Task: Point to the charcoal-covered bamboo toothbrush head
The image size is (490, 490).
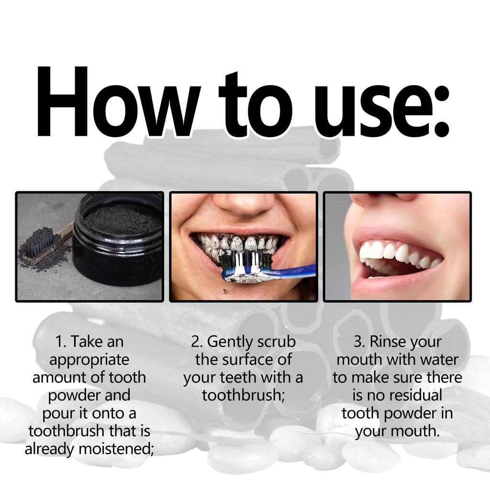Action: pyautogui.click(x=41, y=246)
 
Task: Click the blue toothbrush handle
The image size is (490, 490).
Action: pyautogui.click(x=292, y=271)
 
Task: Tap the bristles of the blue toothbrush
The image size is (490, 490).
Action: pyautogui.click(x=246, y=261)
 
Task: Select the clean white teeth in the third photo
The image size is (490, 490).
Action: pyautogui.click(x=392, y=253)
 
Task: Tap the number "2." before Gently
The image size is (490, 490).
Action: pyautogui.click(x=197, y=342)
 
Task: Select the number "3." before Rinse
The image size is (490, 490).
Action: pyautogui.click(x=359, y=342)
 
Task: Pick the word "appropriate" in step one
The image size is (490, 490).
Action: pyautogui.click(x=89, y=360)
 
